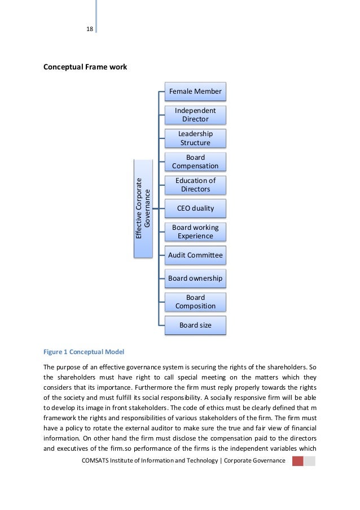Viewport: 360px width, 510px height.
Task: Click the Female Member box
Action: (195, 91)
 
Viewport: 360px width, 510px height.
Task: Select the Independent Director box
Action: (195, 115)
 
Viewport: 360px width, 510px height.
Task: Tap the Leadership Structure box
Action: (195, 138)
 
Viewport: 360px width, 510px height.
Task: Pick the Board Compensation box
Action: (195, 162)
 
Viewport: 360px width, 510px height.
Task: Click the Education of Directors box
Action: (195, 185)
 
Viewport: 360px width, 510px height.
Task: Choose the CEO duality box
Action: (195, 208)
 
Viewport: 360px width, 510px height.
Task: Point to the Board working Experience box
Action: (195, 232)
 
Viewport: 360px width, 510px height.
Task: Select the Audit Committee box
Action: (195, 255)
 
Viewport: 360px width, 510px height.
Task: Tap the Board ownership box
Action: (195, 278)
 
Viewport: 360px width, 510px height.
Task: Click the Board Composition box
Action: (195, 302)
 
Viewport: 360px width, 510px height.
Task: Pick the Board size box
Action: (195, 325)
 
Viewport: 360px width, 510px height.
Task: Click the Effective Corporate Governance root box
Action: (143, 208)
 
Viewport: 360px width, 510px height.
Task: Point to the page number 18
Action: (89, 29)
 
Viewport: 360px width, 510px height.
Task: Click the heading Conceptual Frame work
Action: (85, 67)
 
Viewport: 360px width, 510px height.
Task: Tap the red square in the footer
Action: (297, 461)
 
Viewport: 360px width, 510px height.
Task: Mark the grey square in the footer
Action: (310, 461)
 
